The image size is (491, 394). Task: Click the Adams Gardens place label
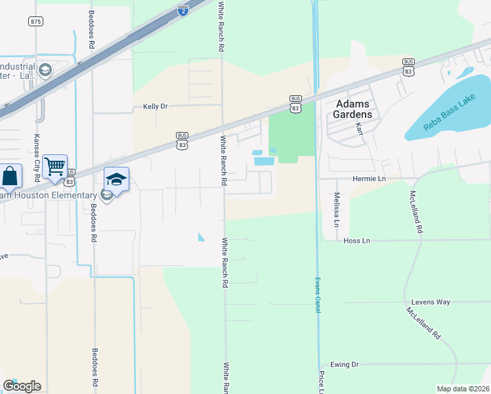click(354, 109)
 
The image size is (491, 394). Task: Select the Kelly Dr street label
click(156, 106)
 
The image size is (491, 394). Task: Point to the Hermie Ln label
click(368, 179)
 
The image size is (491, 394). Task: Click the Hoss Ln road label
click(357, 241)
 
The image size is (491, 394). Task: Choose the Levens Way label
click(431, 302)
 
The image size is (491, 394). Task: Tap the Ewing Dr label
click(345, 364)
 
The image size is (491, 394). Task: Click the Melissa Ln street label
click(336, 209)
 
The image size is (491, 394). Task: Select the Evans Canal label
click(317, 294)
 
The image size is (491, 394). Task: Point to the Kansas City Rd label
click(37, 158)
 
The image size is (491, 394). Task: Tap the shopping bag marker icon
click(10, 177)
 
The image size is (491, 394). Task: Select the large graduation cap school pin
click(116, 179)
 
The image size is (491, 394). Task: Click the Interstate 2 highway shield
click(182, 10)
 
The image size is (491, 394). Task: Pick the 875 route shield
click(35, 22)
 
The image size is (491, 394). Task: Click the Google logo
click(22, 386)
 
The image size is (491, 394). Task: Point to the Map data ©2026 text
click(463, 389)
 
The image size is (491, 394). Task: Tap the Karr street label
click(359, 128)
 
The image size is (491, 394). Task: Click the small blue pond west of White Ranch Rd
click(201, 237)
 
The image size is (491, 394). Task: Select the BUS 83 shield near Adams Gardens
click(295, 104)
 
